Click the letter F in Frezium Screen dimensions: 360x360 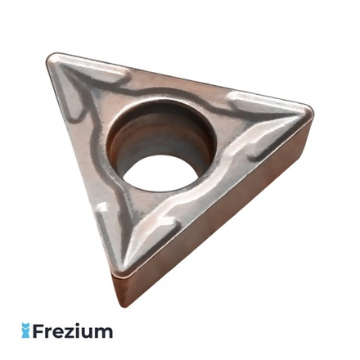point(38,331)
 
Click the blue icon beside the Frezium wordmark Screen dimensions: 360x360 point(25,331)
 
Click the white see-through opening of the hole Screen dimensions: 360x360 point(160,173)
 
